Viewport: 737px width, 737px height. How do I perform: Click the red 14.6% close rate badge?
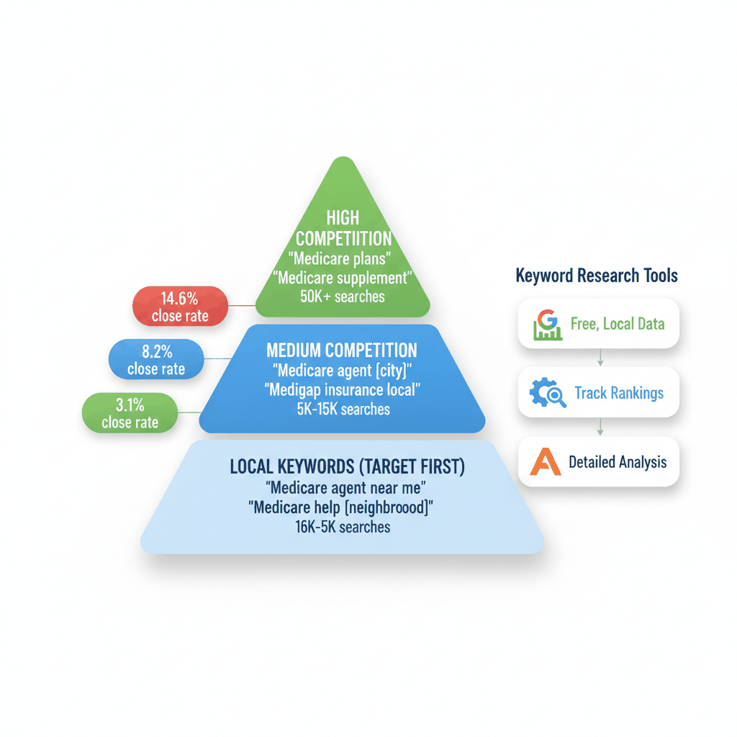tap(180, 306)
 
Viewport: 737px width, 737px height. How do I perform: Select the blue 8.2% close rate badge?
tap(155, 359)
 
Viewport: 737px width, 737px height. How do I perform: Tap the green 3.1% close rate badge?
tap(130, 413)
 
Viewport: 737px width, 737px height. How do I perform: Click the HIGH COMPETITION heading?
tap(343, 227)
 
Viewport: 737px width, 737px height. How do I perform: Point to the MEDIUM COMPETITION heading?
tap(341, 351)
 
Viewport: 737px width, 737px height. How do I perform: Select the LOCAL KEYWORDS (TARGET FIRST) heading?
tap(348, 466)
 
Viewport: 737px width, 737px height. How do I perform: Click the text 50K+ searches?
tap(343, 296)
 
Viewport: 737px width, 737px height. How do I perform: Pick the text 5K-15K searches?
tap(342, 410)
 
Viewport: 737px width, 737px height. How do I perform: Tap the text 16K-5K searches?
tap(342, 527)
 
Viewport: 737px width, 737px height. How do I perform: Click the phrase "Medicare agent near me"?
tap(346, 487)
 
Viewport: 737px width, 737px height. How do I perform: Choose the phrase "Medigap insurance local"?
tap(342, 390)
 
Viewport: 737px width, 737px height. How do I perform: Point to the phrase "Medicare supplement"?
tap(343, 277)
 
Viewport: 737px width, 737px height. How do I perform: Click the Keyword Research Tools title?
tap(597, 276)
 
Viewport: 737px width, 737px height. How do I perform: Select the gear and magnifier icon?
tap(548, 392)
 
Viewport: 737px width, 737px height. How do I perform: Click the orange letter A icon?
tap(545, 461)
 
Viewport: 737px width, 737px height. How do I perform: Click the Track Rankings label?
tap(618, 393)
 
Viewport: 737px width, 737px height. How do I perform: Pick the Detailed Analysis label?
tap(617, 462)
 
